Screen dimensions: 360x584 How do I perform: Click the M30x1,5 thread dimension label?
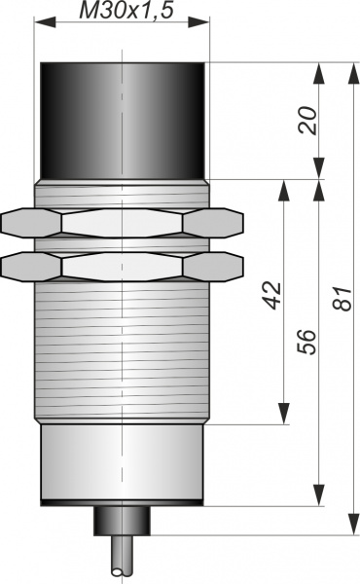[x=126, y=11]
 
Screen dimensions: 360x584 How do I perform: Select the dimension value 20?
[x=307, y=121]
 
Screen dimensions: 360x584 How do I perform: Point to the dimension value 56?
[x=306, y=342]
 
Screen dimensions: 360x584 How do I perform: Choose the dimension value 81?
[x=342, y=299]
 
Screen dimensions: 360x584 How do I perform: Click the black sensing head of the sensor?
[x=123, y=121]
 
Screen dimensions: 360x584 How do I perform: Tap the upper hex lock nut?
[x=123, y=223]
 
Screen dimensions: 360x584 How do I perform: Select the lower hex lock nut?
[x=123, y=267]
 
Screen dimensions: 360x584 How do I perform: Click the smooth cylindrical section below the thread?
[x=123, y=464]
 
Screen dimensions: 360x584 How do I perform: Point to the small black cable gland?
[x=122, y=521]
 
